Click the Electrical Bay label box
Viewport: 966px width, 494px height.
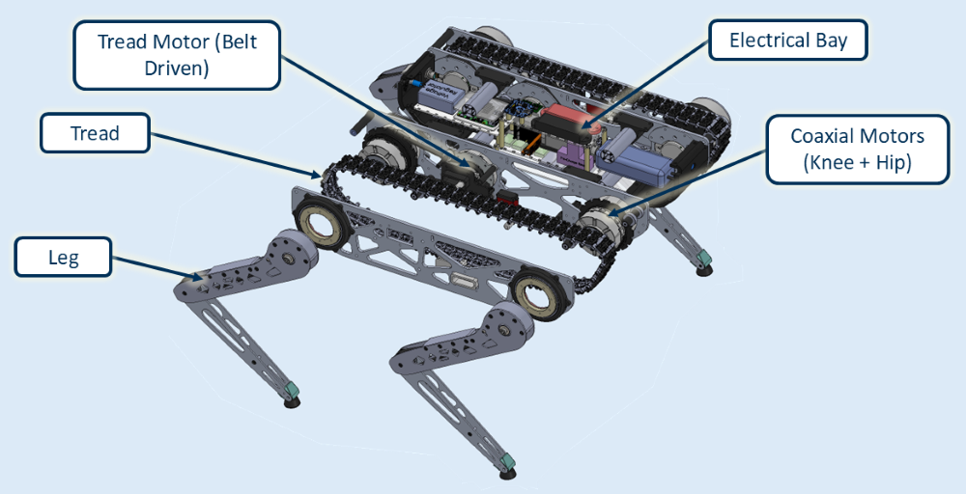787,41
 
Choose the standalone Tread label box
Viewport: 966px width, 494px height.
95,133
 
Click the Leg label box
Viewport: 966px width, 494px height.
62,259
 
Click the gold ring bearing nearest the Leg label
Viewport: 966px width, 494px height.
321,224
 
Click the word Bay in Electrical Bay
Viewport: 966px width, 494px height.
829,41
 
